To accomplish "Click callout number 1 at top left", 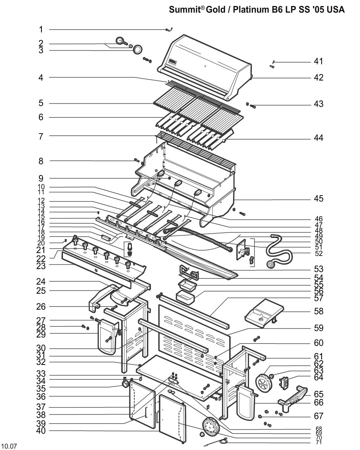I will point(41,30).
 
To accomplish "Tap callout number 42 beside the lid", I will point(318,77).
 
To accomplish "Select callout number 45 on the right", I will point(318,199).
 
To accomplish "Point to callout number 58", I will point(319,311).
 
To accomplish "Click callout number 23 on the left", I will point(41,266).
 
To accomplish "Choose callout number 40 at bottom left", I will point(41,431).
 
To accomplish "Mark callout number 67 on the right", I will point(319,416).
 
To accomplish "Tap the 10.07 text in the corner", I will point(9,446).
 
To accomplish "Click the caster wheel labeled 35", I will point(126,385).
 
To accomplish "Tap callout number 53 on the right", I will point(319,269).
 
